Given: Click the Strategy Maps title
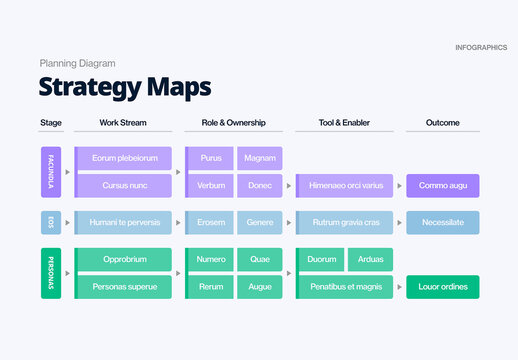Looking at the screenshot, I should click(x=125, y=87).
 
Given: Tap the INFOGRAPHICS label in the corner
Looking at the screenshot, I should click(x=480, y=47).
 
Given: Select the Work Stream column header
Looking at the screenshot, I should click(x=122, y=123).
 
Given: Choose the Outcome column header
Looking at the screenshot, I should click(x=442, y=123).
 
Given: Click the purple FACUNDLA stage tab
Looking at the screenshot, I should click(x=50, y=172).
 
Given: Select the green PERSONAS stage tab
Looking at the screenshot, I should click(x=50, y=273).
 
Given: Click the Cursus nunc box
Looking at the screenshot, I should click(x=124, y=186).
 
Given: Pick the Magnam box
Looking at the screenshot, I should click(x=260, y=158).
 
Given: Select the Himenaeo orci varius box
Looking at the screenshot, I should click(x=345, y=186).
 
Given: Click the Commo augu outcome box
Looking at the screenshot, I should click(x=442, y=186).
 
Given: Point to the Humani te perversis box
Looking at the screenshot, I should click(x=124, y=222).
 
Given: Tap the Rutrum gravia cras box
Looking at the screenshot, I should click(x=345, y=222).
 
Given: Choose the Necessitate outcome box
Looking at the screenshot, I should click(x=442, y=222).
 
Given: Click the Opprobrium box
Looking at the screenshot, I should click(x=124, y=259).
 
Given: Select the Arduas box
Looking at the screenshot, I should click(x=370, y=259).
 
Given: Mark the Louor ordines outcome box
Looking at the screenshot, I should click(x=442, y=287).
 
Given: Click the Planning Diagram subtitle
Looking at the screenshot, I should click(x=77, y=63).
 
